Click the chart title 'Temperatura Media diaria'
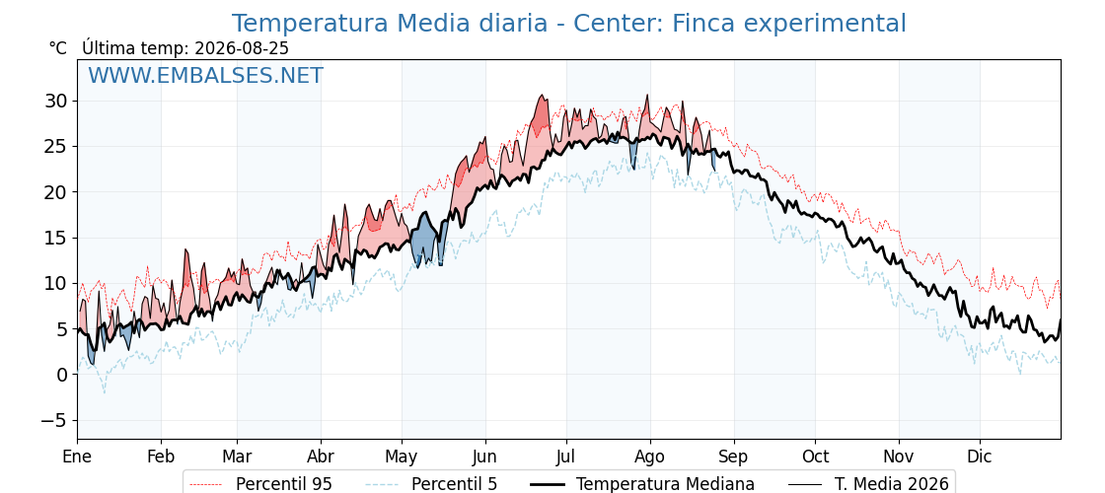coord(389,24)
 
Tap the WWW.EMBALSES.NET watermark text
coord(206,75)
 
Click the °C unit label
coord(58,48)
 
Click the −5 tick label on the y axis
coord(54,420)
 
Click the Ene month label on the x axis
coord(78,457)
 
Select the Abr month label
coord(321,457)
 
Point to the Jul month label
coord(566,457)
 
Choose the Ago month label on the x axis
coord(650,457)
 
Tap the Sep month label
coord(734,457)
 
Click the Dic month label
coord(980,457)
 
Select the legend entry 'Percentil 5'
coord(432,484)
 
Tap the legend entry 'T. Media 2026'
coord(868,484)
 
